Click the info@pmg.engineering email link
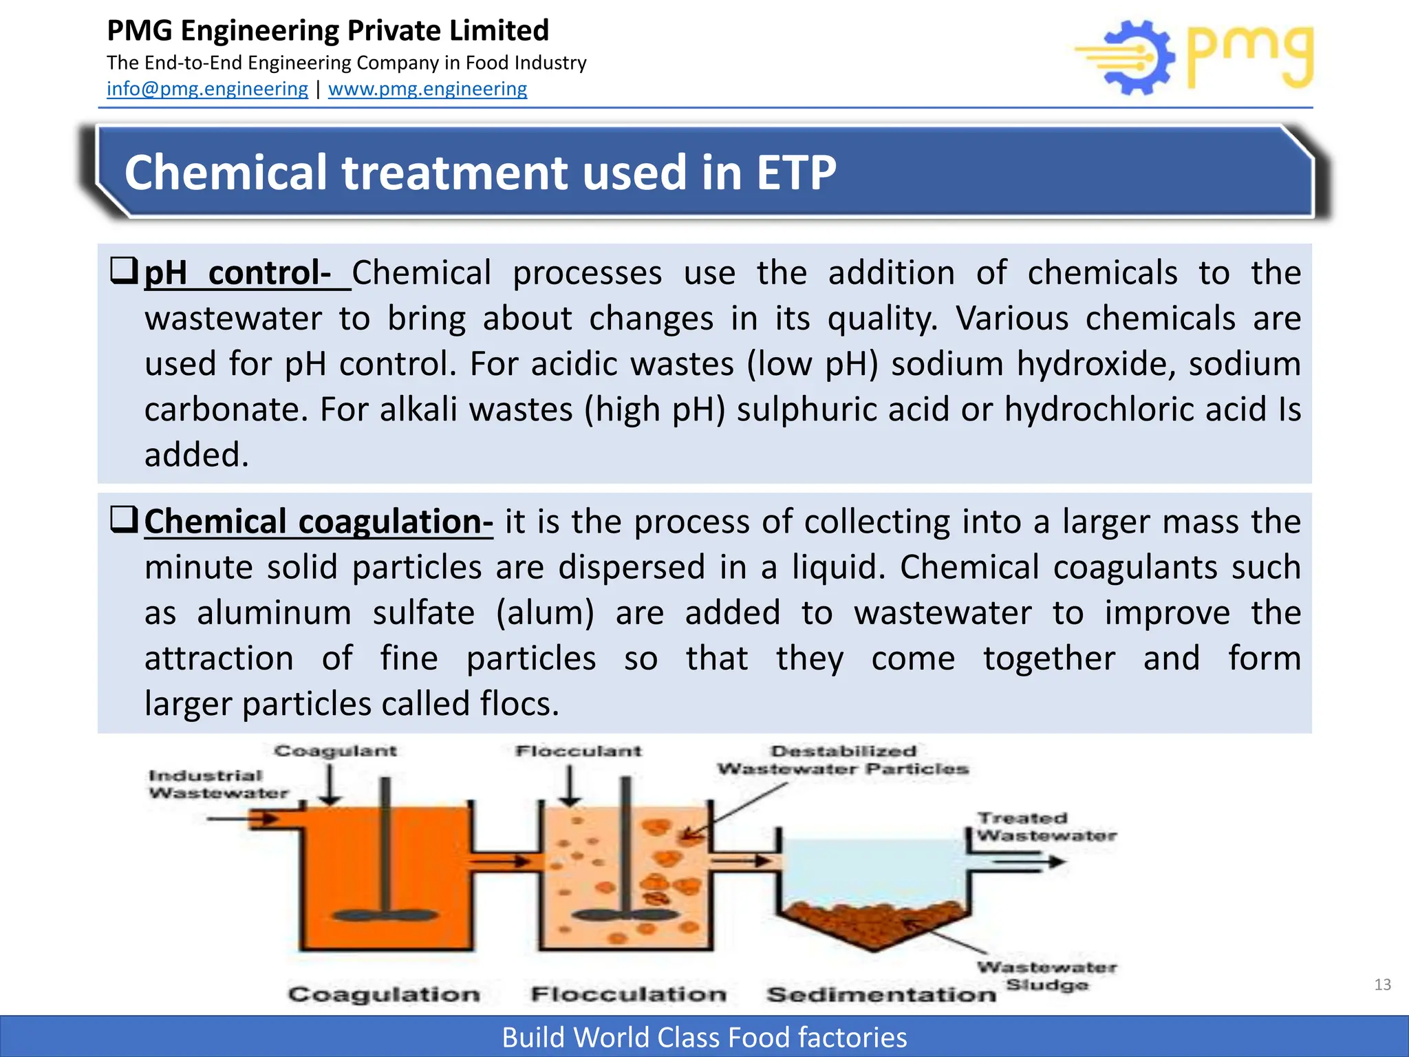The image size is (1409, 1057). coord(207,89)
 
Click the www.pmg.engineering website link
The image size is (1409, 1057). coord(427,89)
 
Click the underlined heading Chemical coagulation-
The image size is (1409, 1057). coord(319,522)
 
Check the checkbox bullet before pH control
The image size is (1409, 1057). coord(125,270)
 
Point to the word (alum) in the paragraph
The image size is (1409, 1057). coord(545,612)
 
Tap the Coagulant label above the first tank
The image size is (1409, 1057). coord(336,751)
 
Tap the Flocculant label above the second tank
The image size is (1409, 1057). coord(578,751)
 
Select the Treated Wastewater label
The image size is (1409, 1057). coord(1046,826)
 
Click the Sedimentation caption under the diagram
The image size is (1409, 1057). coord(881,994)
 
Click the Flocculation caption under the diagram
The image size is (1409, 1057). coord(628,994)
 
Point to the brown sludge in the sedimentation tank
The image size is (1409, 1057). coord(874,922)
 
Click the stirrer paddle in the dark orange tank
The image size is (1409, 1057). coord(386,915)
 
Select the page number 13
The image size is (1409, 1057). coord(1382,985)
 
